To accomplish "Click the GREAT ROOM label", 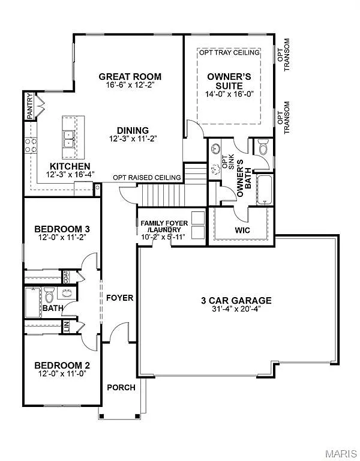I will click(130, 77).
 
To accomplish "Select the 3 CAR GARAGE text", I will click(236, 301).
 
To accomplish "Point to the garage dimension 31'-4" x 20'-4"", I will click(236, 310).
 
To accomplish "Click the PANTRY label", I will click(29, 107).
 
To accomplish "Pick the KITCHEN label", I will click(70, 166).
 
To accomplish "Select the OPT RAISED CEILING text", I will click(147, 178).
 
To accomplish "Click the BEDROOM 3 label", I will click(62, 229).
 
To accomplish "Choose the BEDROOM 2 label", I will click(62, 365).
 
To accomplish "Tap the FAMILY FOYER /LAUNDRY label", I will click(164, 226).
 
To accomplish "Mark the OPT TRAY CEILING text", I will click(229, 53).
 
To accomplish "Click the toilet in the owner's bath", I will click(263, 146).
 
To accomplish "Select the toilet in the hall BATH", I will click(50, 295).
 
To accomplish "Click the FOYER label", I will click(119, 298).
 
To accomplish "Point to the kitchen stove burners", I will click(30, 144).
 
